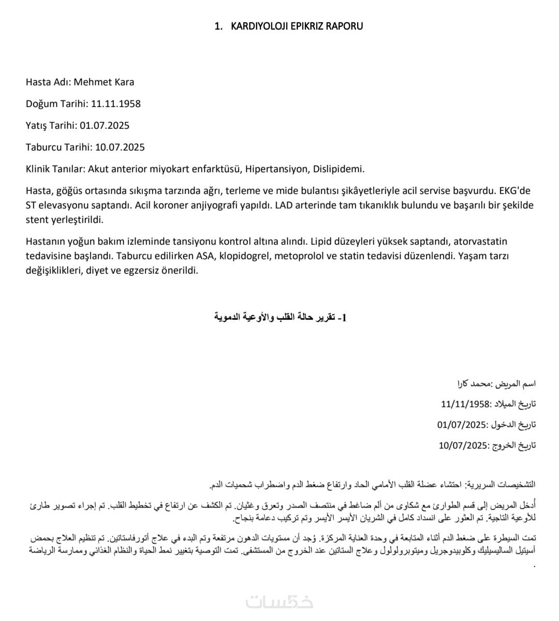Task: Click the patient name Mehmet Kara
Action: click(104, 82)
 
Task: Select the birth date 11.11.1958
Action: click(116, 103)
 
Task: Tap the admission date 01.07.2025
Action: click(105, 125)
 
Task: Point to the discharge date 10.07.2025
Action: click(120, 147)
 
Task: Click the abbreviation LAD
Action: click(285, 205)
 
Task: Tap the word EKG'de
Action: click(517, 190)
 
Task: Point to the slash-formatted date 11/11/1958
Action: click(465, 404)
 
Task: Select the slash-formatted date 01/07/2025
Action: click(463, 425)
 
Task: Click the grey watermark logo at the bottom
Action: click(279, 602)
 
